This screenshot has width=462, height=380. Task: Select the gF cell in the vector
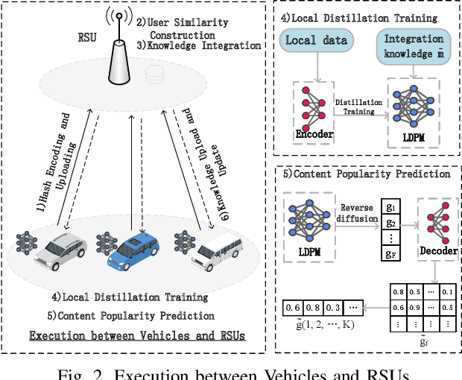pos(390,254)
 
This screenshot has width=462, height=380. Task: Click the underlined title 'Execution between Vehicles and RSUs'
pos(137,336)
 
